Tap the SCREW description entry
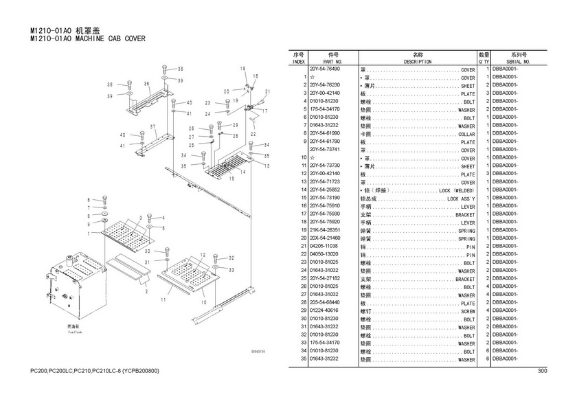[466, 311]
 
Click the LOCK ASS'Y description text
[461, 199]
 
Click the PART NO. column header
[332, 62]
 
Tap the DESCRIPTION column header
[417, 62]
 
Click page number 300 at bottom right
[542, 372]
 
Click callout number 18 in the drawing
[243, 69]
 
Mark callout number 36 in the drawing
[146, 84]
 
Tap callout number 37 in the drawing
[154, 127]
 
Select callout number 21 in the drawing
[268, 91]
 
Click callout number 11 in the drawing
[163, 300]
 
